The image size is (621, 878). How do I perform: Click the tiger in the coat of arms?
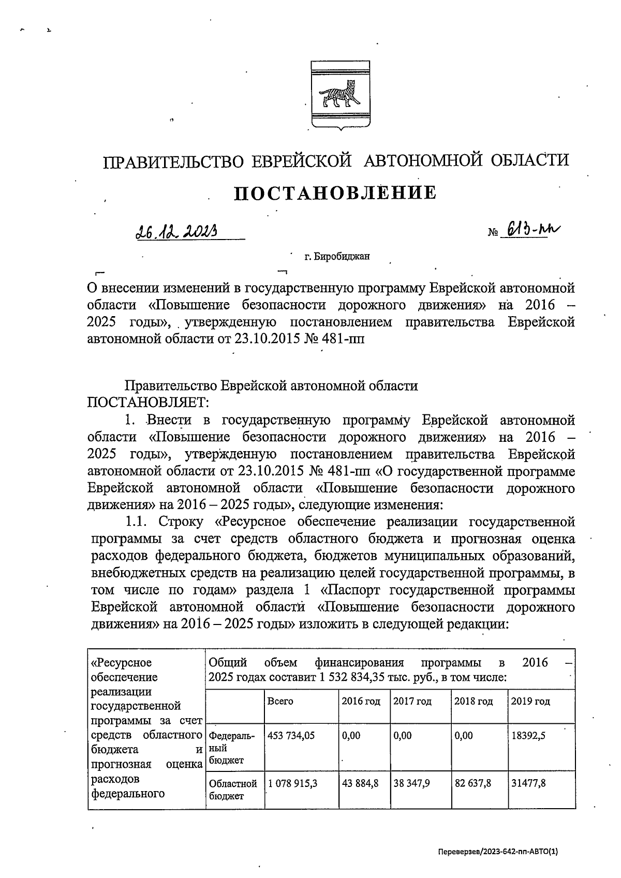click(339, 93)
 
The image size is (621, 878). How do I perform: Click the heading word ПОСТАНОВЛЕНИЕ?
click(336, 193)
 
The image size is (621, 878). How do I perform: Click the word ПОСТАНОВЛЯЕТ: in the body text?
click(148, 402)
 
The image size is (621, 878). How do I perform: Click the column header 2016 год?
click(361, 702)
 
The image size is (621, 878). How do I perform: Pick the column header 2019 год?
click(530, 702)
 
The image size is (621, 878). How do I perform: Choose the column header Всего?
click(280, 702)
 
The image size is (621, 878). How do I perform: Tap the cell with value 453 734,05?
click(291, 735)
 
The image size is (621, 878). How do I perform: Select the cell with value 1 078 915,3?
click(292, 783)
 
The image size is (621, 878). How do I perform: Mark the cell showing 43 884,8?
click(360, 783)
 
